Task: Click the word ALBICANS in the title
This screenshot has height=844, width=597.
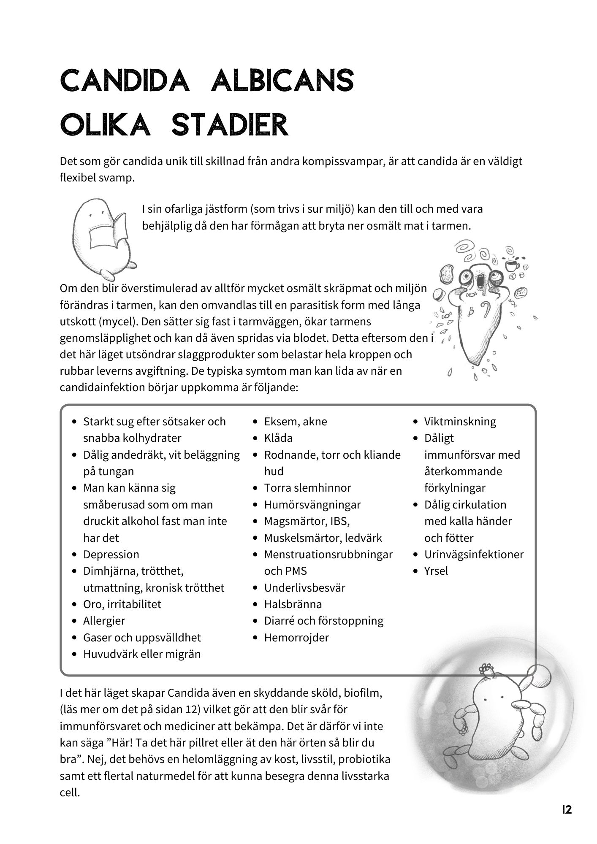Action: click(282, 81)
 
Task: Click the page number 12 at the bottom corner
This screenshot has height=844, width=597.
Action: click(567, 809)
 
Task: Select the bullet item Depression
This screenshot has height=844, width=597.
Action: click(111, 555)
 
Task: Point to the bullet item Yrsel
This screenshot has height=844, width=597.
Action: click(436, 571)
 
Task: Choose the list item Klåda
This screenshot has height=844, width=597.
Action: click(278, 438)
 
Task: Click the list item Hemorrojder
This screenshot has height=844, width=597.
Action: click(296, 637)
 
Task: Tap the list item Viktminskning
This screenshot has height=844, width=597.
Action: click(460, 422)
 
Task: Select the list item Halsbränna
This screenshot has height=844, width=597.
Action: click(293, 604)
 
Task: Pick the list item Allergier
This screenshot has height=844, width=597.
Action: click(104, 621)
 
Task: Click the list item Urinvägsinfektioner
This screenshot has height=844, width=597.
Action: click(473, 555)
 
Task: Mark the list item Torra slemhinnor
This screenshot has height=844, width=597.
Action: click(307, 488)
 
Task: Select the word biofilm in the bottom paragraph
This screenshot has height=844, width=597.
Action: click(363, 693)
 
